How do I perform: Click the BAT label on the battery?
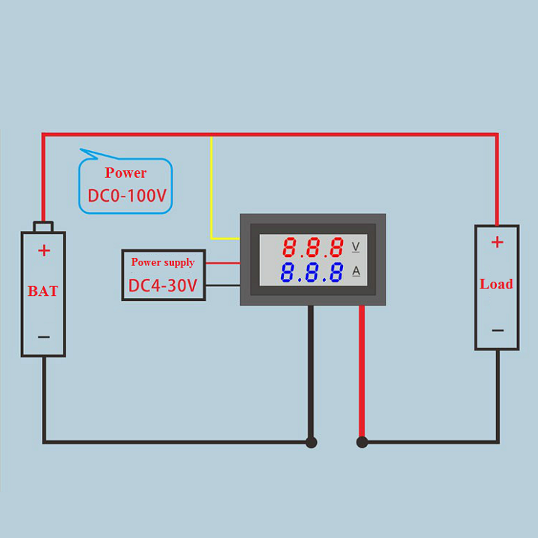point(43,291)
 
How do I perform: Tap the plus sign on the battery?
point(44,250)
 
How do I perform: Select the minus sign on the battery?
point(44,337)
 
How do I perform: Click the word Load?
point(496,284)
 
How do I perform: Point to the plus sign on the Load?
point(497,242)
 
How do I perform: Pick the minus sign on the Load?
point(498,330)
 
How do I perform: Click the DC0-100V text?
point(126,197)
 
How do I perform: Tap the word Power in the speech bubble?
point(126,173)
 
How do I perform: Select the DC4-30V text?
point(163,285)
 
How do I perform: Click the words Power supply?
point(163,262)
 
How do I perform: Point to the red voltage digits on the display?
point(312,247)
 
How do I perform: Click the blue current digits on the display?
point(312,273)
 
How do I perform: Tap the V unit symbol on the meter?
point(356,247)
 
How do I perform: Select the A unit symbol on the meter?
point(356,270)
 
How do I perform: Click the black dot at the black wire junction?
point(312,442)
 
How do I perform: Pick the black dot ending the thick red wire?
point(362,442)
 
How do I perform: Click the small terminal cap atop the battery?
point(43,226)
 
